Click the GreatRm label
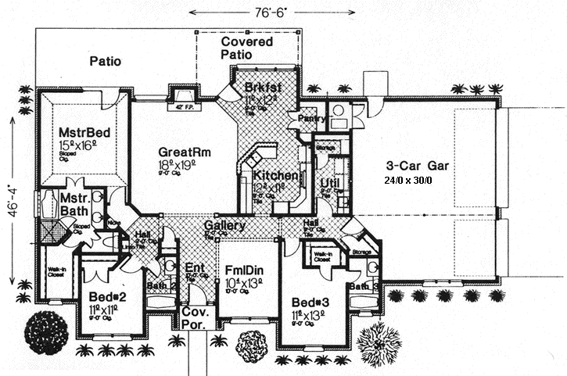(x=186, y=151)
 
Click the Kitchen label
(x=275, y=176)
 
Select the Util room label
(x=328, y=184)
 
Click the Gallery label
(x=224, y=226)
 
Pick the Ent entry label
(x=195, y=270)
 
